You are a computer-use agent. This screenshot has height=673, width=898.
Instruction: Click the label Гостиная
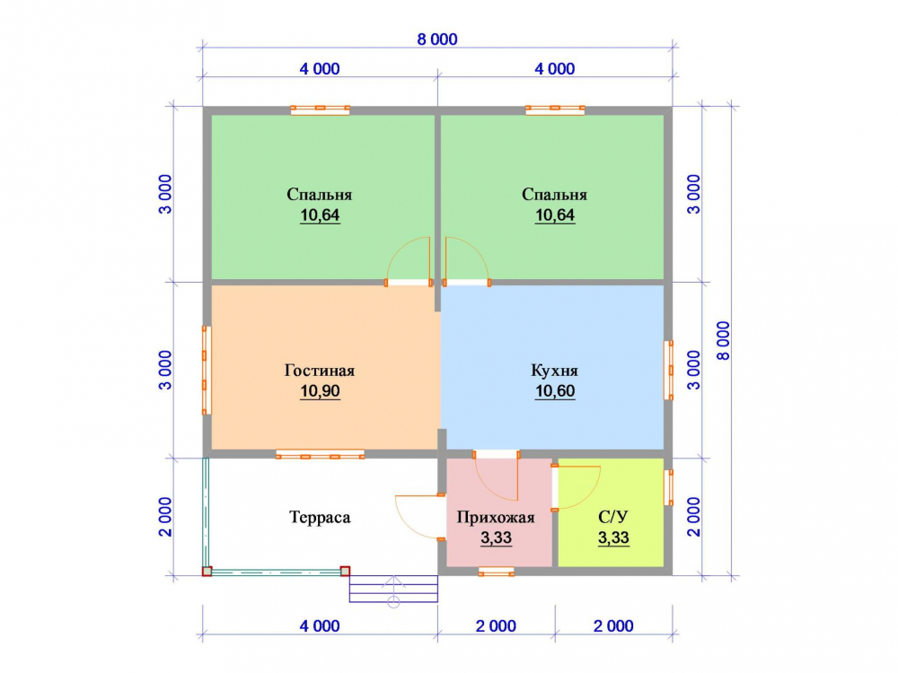320,371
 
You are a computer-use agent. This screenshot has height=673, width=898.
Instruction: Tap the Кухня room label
554,371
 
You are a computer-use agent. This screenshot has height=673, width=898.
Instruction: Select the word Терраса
320,518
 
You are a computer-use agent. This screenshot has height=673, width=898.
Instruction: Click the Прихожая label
496,518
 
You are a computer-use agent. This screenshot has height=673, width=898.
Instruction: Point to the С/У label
612,518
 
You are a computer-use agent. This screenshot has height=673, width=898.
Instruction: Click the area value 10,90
321,391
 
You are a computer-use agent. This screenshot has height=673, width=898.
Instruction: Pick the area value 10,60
555,391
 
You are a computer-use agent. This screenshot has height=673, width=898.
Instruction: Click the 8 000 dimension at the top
437,39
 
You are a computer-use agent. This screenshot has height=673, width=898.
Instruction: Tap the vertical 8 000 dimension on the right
724,340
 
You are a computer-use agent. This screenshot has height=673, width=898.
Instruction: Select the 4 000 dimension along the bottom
320,626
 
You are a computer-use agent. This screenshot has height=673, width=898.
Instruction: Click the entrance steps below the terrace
393,589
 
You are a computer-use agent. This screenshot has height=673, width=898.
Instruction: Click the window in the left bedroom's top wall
321,109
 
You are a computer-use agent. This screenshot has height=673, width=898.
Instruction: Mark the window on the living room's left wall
207,371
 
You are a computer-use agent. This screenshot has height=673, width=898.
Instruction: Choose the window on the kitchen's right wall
668,371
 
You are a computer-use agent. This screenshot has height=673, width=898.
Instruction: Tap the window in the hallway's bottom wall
496,571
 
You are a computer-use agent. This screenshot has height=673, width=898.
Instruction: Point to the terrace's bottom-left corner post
207,571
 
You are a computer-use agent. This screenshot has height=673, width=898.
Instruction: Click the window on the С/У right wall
668,487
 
